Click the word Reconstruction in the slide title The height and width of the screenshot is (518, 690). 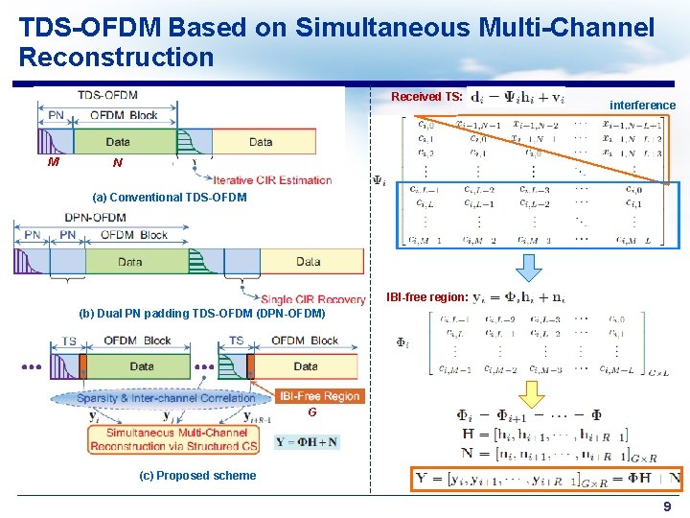116,58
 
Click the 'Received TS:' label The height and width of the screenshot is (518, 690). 427,97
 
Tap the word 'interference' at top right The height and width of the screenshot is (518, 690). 642,106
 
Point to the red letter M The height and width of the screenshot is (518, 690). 54,162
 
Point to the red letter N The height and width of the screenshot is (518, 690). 117,163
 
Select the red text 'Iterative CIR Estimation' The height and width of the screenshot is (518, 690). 272,180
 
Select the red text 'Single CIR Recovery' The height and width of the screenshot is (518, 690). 312,299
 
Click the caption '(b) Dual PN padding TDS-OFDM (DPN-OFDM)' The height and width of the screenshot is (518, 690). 202,314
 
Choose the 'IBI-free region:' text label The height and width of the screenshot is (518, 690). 427,297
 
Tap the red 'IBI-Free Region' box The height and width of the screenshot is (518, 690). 320,396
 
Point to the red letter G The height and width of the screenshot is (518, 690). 312,413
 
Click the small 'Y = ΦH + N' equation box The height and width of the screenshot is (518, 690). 306,442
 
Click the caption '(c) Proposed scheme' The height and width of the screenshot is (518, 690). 197,476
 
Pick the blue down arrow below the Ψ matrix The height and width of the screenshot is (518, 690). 528,268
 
